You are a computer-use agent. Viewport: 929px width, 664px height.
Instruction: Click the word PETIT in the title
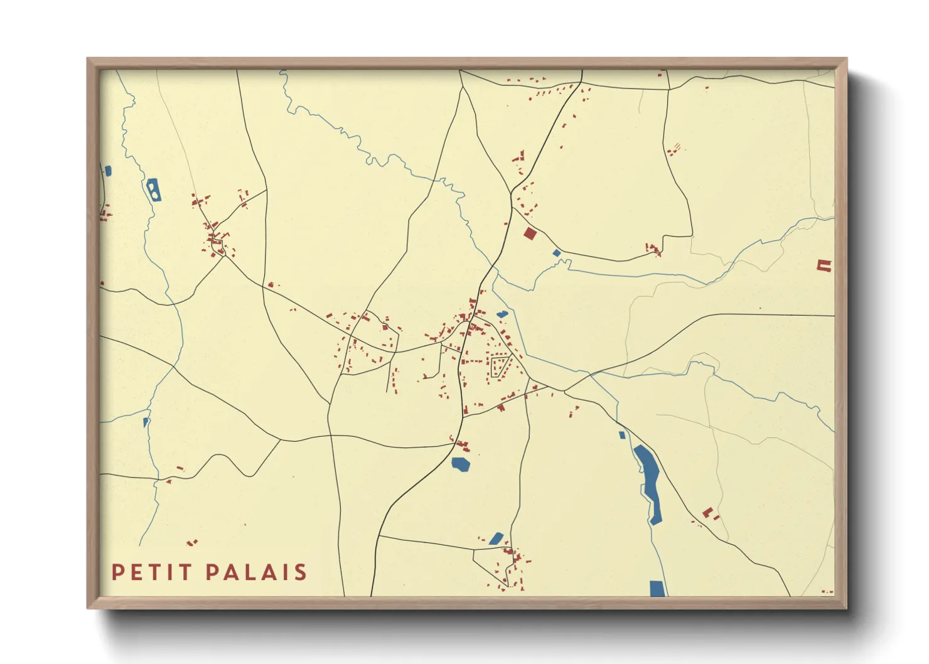tap(151, 572)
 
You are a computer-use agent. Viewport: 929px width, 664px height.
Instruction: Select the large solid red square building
tap(530, 234)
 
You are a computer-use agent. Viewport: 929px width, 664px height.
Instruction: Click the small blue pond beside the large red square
tap(556, 253)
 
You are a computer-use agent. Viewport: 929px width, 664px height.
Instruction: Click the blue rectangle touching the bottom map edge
tap(657, 588)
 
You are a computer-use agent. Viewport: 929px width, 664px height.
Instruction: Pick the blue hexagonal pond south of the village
tap(461, 464)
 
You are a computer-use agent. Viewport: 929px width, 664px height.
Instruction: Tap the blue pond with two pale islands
tap(153, 190)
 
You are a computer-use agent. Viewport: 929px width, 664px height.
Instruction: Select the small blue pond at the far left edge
tap(108, 171)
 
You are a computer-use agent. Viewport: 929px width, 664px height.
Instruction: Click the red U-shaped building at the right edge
tap(824, 265)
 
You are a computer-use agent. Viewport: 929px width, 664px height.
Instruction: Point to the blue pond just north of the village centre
tap(502, 314)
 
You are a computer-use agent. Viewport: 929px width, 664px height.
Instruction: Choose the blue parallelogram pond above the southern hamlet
tap(496, 538)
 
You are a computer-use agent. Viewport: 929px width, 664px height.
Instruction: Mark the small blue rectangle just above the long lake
tap(622, 435)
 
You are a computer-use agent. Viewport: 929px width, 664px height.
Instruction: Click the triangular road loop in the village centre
tap(499, 366)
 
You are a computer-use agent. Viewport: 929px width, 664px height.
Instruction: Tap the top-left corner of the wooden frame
tap(89, 60)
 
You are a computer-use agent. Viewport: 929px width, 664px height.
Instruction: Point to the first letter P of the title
tap(117, 572)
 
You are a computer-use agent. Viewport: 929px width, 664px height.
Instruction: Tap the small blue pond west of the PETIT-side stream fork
tap(146, 422)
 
